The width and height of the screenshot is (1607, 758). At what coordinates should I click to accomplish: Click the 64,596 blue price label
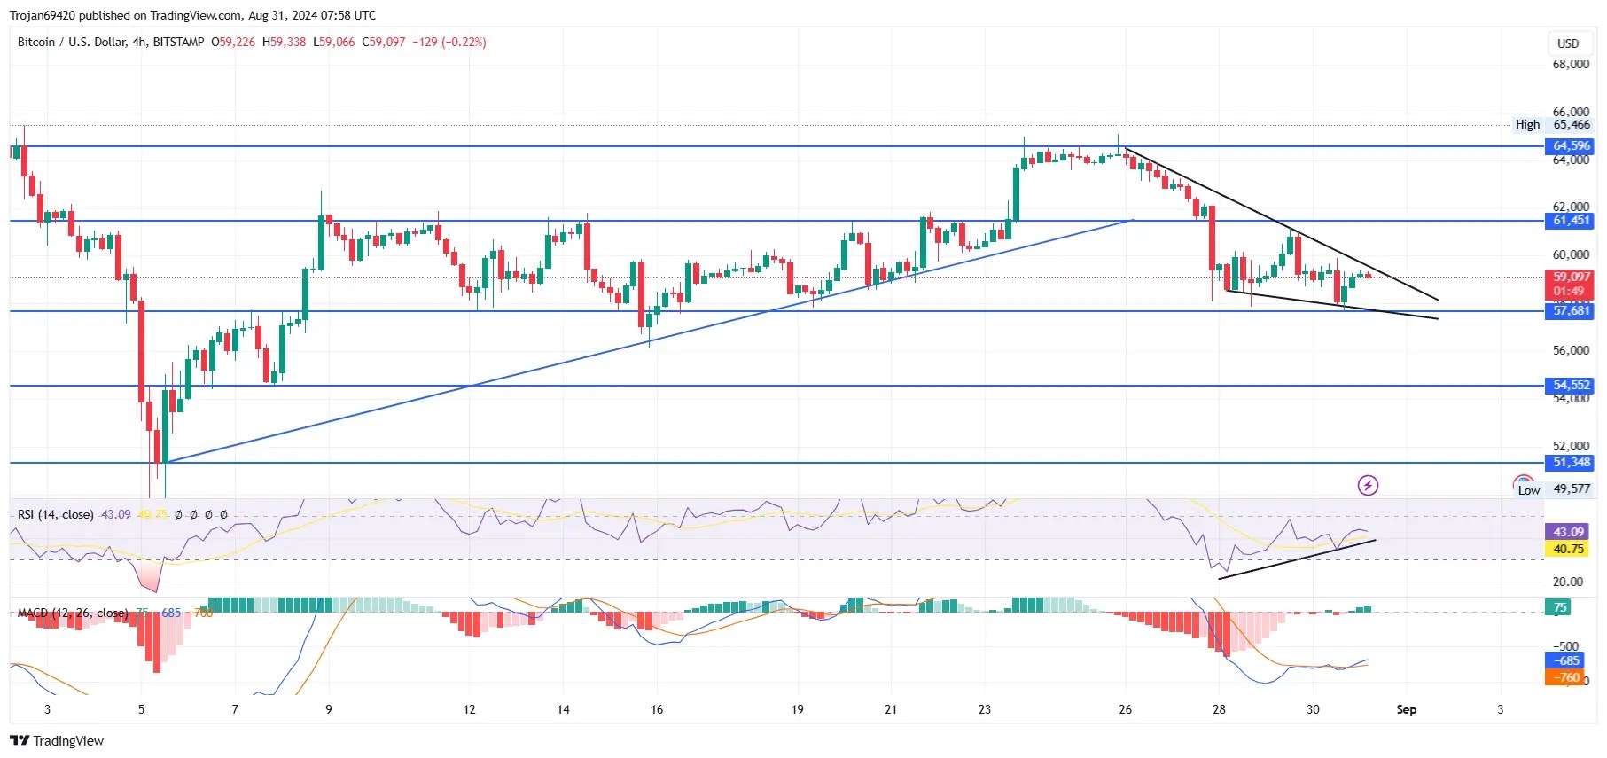coord(1571,146)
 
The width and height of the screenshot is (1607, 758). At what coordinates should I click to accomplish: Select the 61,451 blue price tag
coord(1571,221)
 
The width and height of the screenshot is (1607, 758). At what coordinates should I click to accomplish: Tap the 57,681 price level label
coord(1571,311)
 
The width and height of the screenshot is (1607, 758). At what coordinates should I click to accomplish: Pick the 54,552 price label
coord(1571,386)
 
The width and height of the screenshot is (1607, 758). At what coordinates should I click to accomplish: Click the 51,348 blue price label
coord(1571,463)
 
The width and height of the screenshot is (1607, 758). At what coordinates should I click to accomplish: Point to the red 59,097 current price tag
coord(1571,277)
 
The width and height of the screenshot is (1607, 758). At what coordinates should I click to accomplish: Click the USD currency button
coord(1568,43)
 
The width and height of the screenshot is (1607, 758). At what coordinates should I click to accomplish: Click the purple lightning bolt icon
coord(1368,485)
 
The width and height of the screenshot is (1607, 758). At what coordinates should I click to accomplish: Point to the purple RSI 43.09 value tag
coord(1568,532)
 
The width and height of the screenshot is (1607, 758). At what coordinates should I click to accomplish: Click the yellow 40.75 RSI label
coord(1568,550)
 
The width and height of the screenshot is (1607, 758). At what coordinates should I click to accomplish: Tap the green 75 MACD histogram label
coord(1559,607)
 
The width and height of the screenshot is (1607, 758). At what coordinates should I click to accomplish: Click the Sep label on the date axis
coord(1406,709)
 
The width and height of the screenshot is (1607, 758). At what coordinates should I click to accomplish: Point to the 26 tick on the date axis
coord(1125,709)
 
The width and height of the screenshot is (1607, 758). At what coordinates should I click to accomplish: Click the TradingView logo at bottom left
coord(57,741)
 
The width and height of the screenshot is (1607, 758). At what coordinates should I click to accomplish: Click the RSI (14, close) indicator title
coord(55,514)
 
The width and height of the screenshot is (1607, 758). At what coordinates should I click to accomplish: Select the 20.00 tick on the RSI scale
coord(1567,582)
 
